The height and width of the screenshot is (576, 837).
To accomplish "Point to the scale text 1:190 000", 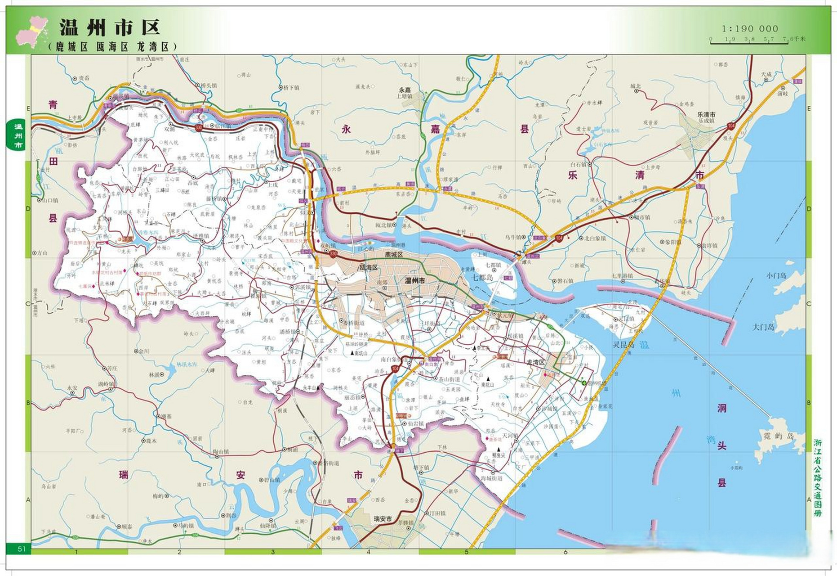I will [x=750, y=28].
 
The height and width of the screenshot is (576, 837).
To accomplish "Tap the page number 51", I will [x=22, y=549].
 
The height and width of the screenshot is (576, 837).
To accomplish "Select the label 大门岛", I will [x=764, y=327].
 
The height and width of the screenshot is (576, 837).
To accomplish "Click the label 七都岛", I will [x=482, y=278].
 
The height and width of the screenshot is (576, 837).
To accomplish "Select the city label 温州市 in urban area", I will [x=415, y=280].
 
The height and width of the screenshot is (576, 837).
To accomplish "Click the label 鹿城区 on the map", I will [x=394, y=255].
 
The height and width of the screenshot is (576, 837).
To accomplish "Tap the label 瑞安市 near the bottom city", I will [x=383, y=519].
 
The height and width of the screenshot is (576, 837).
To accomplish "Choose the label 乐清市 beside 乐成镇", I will [x=706, y=115].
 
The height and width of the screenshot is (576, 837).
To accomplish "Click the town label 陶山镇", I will [x=221, y=451].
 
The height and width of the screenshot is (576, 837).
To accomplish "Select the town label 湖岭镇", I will [x=106, y=384].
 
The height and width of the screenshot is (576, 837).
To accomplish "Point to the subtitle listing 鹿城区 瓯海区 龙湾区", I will [x=112, y=47].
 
